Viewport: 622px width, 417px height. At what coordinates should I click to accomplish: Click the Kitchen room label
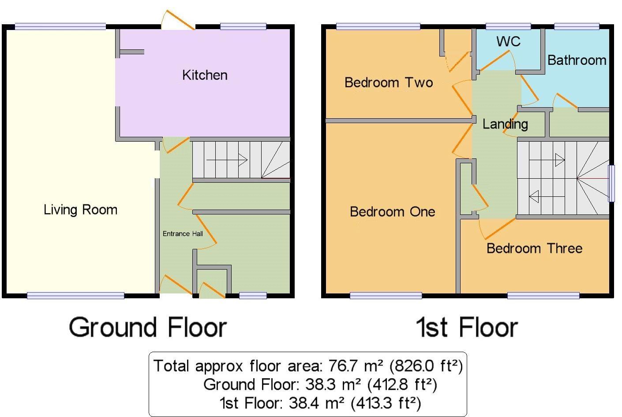(x=205, y=75)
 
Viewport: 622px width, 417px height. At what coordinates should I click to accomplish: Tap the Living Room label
(x=80, y=210)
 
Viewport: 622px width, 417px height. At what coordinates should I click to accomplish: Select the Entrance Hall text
(x=183, y=234)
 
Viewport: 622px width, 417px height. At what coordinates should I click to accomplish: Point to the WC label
(x=508, y=41)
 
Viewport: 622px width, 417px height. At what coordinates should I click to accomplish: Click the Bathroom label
(x=577, y=60)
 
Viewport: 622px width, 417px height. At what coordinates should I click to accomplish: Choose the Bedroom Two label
(x=388, y=83)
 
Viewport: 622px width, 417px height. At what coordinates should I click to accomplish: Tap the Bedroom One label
(x=392, y=212)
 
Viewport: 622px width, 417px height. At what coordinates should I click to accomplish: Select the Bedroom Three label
(x=534, y=248)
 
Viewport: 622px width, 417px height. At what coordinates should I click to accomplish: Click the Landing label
(x=505, y=124)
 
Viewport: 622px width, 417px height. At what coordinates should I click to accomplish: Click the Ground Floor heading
(x=148, y=327)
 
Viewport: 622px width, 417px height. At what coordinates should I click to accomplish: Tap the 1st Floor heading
(x=467, y=327)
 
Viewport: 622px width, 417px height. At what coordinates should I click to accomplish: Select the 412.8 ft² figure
(x=401, y=385)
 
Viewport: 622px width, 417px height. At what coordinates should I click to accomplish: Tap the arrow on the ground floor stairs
(x=226, y=159)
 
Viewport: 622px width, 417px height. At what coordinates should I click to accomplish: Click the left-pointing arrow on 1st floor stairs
(x=547, y=196)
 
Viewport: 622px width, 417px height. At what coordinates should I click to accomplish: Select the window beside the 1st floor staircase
(x=611, y=183)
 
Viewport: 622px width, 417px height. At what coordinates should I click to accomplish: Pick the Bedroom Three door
(x=496, y=227)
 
